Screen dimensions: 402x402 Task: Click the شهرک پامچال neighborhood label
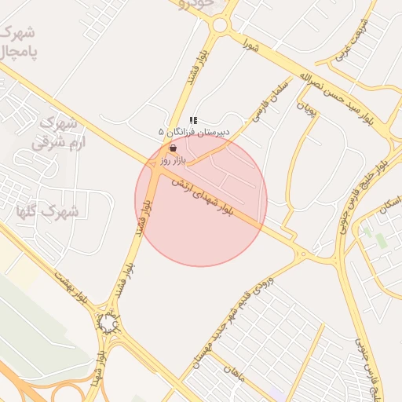pos(20,42)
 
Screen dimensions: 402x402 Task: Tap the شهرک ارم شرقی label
pos(56,133)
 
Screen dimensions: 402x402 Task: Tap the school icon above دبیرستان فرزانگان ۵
pos(193,121)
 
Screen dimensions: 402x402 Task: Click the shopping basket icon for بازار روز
pos(173,148)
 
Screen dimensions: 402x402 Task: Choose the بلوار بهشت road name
pos(75,290)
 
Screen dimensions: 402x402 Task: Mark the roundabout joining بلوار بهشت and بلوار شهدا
pos(107,323)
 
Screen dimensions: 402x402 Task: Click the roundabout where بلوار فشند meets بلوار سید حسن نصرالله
pos(219,25)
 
